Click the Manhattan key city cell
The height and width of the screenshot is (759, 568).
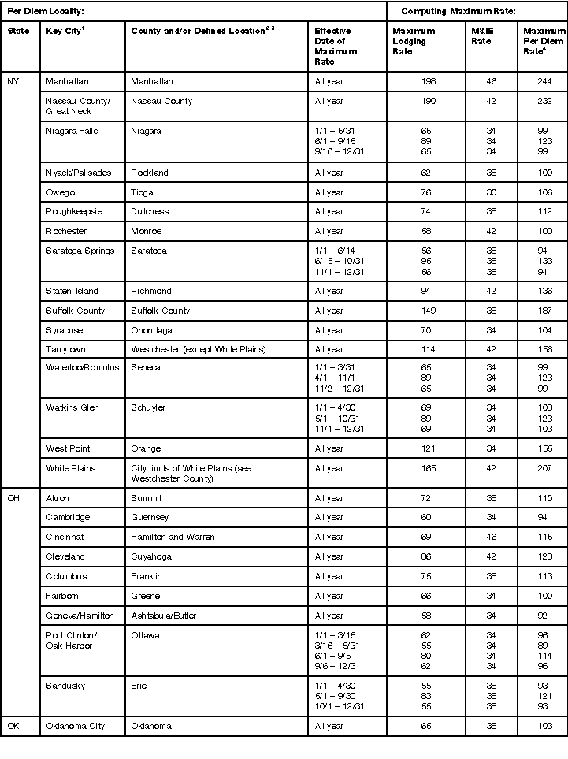click(67, 82)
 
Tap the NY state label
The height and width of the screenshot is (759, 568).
click(13, 82)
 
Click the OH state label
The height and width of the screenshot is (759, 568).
click(13, 498)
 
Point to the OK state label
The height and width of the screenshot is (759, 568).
click(13, 726)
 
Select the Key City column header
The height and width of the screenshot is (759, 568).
click(66, 31)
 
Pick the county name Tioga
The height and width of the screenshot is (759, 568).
click(143, 192)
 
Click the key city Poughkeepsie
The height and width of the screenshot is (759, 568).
click(74, 212)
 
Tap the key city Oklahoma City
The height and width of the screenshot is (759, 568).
click(79, 726)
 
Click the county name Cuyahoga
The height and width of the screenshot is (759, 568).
click(152, 557)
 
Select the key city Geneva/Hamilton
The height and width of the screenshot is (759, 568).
click(80, 616)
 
